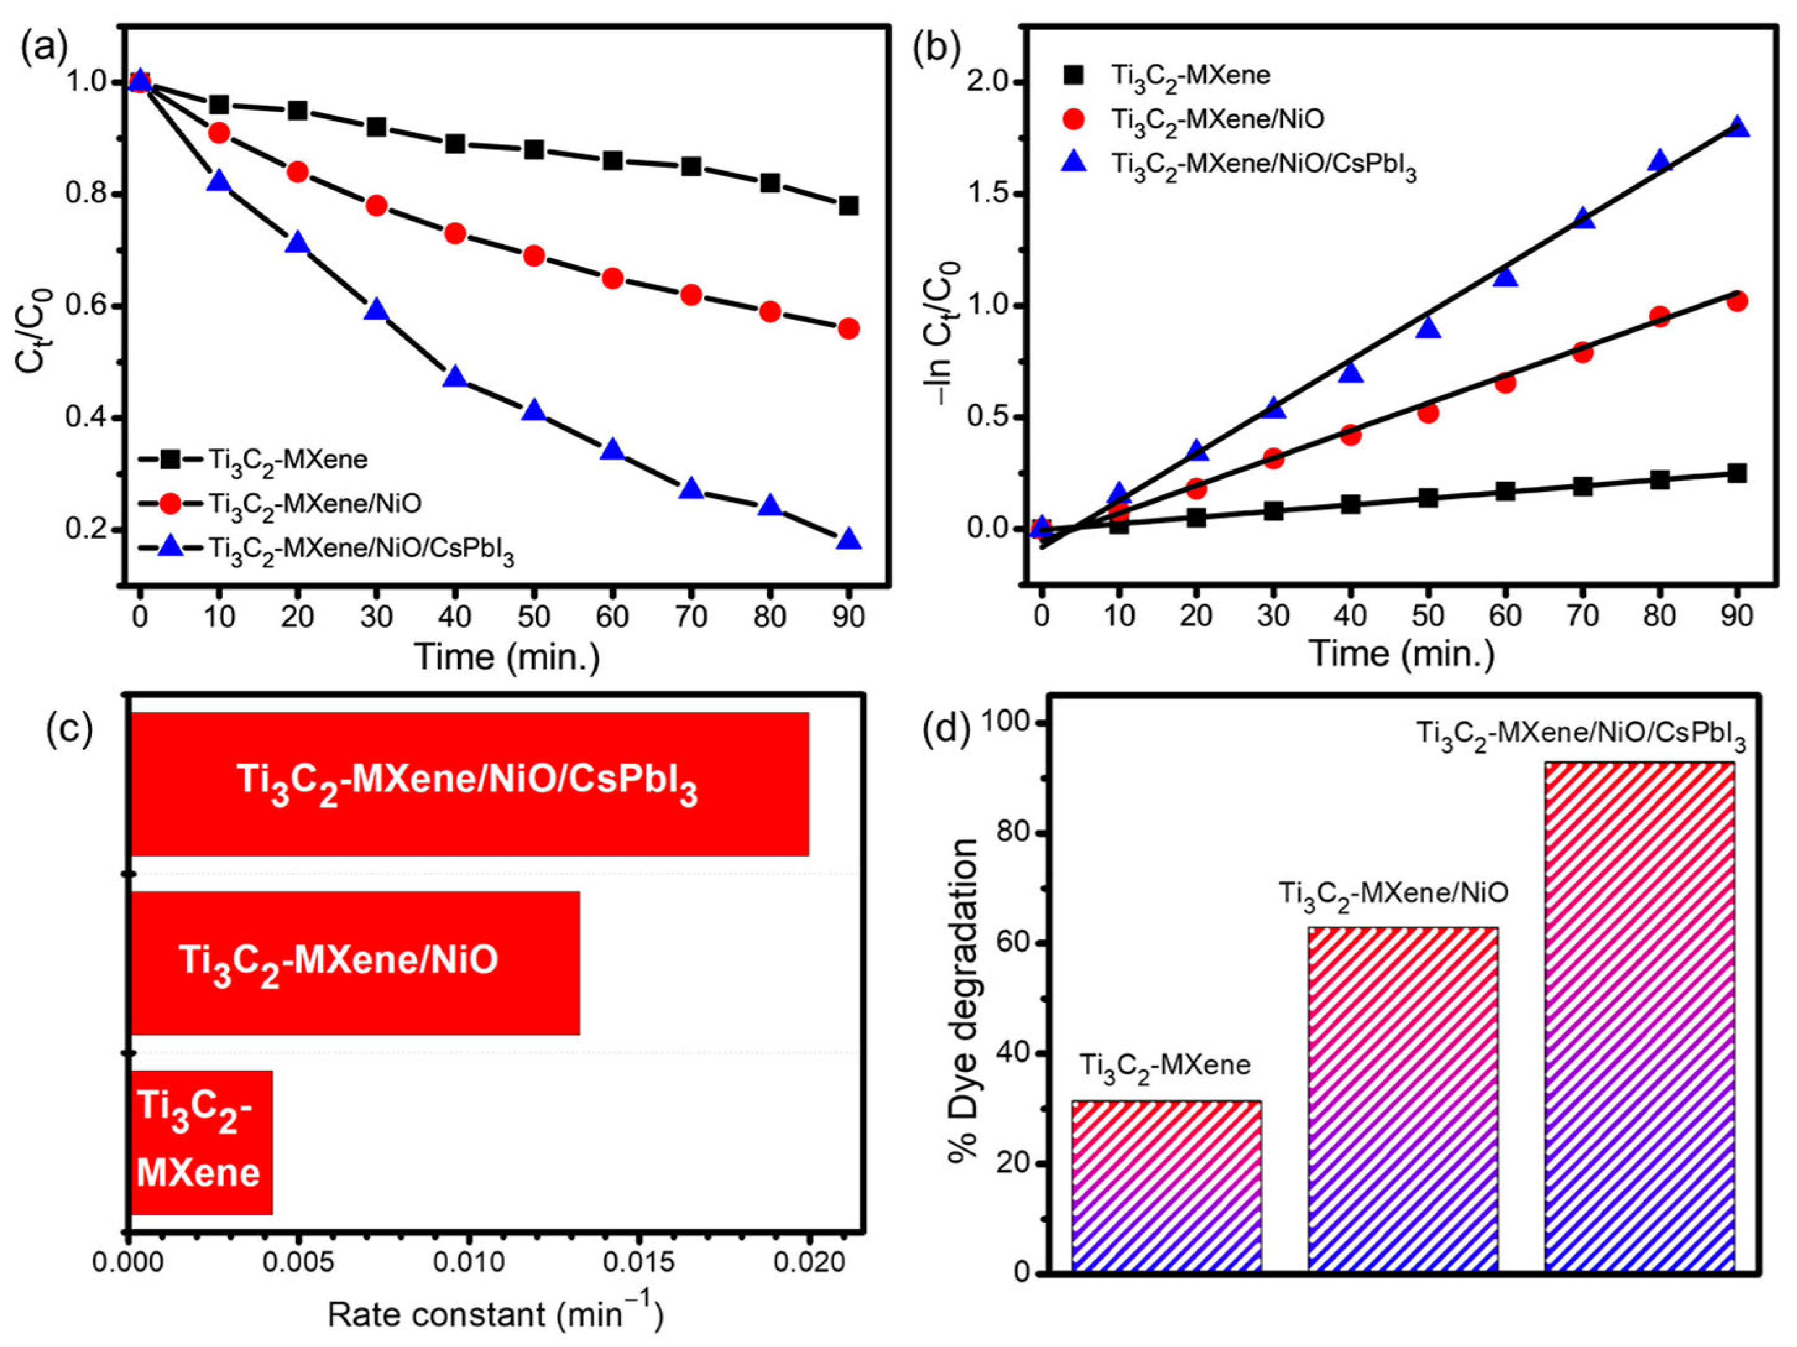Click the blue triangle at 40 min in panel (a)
coord(455,378)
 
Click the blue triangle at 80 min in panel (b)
coord(1660,161)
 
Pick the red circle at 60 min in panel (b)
coord(1505,383)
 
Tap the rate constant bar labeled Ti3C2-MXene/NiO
coord(354,963)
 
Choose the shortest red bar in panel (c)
coord(202,1142)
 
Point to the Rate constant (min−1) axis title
coord(495,1314)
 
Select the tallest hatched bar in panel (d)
coord(1639,1016)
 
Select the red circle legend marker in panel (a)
coord(171,503)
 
